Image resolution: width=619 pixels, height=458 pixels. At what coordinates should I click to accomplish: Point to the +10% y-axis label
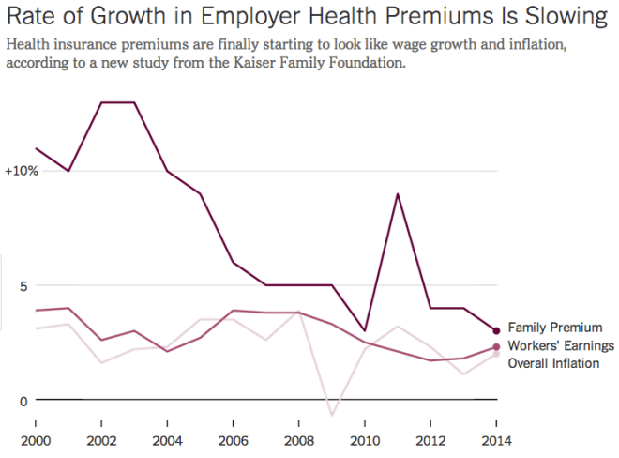(22, 172)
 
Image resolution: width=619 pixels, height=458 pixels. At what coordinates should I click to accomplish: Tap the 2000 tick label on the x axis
(35, 440)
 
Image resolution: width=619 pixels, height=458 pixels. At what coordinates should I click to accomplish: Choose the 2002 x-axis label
(100, 440)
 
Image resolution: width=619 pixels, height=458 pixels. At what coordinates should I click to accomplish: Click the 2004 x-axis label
(166, 440)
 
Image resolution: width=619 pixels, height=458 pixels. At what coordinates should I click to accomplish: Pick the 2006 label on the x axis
(233, 440)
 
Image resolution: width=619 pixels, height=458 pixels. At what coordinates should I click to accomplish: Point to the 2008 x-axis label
(298, 440)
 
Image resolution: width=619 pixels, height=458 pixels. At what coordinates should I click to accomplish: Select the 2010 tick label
(364, 440)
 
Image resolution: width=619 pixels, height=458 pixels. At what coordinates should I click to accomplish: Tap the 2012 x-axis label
(430, 440)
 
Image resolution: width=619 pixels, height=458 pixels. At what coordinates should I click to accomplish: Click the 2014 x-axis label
(496, 440)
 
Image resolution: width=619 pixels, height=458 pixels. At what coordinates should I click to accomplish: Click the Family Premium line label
(554, 328)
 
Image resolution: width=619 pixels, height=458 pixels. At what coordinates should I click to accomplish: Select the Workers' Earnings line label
(561, 346)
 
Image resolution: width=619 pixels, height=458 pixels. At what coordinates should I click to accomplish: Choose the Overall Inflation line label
(553, 363)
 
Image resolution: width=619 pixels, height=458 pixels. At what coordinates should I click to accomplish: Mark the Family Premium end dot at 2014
(496, 330)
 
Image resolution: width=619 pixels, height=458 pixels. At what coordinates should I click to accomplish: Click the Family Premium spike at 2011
(398, 194)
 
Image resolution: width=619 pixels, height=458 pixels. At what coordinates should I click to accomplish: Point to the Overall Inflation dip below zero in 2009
(331, 414)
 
